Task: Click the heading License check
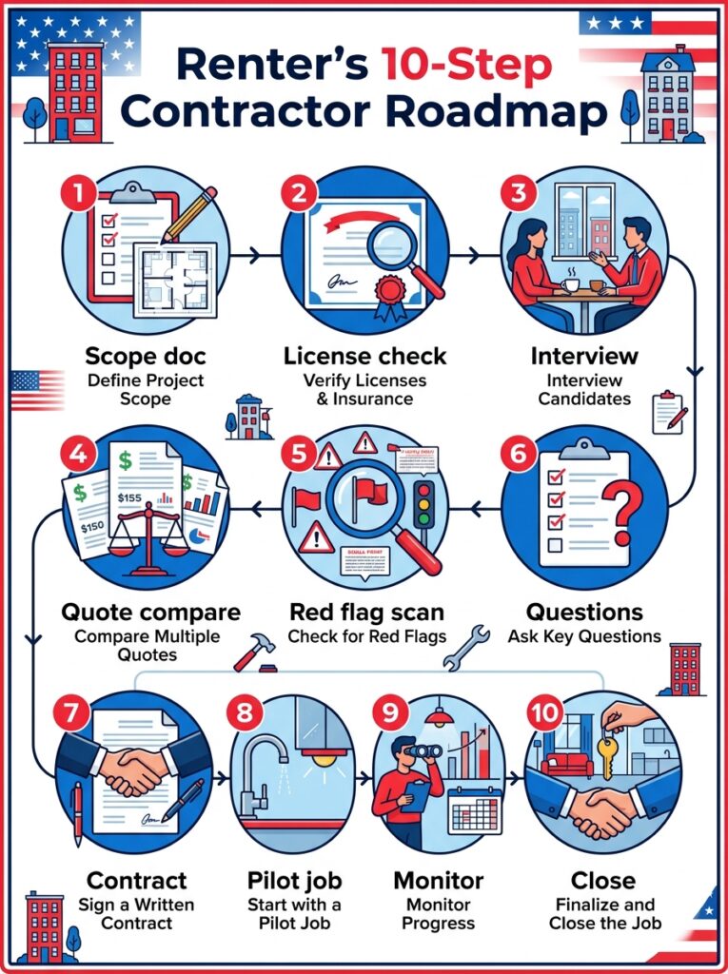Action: tap(364, 357)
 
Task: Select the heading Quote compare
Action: tap(150, 611)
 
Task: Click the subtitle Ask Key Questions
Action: tap(583, 636)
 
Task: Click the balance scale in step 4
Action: tap(149, 533)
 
